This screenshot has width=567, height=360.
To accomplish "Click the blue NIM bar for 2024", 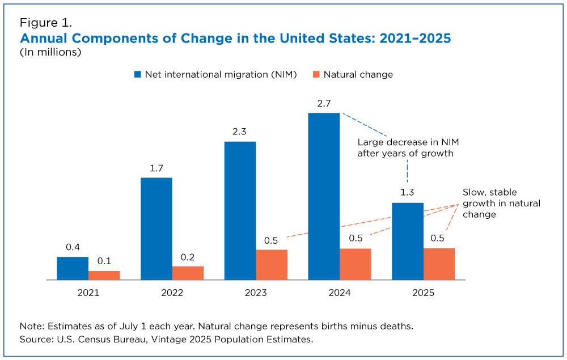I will (x=324, y=196).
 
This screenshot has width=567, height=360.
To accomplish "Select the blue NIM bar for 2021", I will (x=73, y=268).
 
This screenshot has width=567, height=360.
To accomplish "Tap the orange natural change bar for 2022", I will (x=188, y=273).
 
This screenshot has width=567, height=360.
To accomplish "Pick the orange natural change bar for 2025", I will (x=439, y=264).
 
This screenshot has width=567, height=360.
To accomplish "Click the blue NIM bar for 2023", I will (x=240, y=210).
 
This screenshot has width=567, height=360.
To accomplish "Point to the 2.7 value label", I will (x=324, y=103).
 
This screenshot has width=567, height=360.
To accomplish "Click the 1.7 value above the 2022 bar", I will (x=156, y=168).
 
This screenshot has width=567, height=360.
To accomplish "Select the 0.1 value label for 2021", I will (x=104, y=261).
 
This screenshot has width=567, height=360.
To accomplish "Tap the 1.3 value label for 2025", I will (x=408, y=193).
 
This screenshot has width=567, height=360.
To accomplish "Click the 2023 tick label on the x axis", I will (x=256, y=293).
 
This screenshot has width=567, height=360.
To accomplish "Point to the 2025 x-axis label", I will (x=423, y=293).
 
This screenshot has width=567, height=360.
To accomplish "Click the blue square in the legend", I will (x=137, y=74).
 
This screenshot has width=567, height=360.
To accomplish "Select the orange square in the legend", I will (x=316, y=74).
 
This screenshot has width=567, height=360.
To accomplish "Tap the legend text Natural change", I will (x=358, y=74).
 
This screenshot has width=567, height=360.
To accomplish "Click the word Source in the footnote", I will (x=35, y=339).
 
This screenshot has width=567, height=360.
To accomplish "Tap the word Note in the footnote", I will (x=31, y=327).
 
